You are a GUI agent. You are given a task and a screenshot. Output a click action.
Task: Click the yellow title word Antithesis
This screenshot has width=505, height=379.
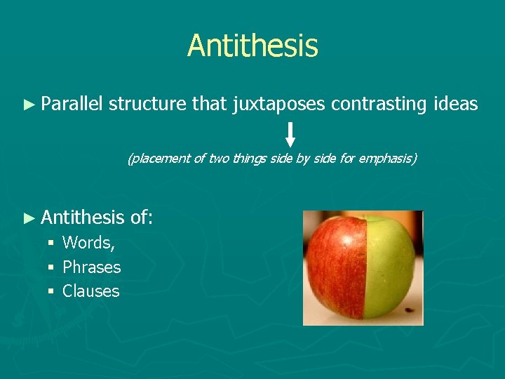pyautogui.click(x=252, y=46)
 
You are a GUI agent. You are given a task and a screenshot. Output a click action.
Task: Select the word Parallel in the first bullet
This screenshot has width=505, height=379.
pyautogui.click(x=72, y=105)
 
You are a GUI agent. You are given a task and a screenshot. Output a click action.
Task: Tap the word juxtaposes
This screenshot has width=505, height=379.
pyautogui.click(x=278, y=105)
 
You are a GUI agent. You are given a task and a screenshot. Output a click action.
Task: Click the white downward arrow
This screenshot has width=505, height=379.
pyautogui.click(x=290, y=135)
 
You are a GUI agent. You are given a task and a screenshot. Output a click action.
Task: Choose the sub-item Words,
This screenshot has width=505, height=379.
pyautogui.click(x=89, y=243)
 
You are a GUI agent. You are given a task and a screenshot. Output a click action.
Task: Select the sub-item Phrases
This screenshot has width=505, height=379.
pyautogui.click(x=91, y=267)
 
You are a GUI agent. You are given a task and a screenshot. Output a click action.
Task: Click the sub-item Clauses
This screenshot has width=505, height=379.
pyautogui.click(x=90, y=291)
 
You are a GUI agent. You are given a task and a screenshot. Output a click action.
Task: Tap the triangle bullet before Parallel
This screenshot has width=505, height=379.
pyautogui.click(x=29, y=105)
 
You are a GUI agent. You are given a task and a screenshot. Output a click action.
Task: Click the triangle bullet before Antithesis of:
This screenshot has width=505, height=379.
pyautogui.click(x=29, y=218)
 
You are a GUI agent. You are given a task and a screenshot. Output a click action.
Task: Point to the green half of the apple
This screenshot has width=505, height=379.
pyautogui.click(x=389, y=267)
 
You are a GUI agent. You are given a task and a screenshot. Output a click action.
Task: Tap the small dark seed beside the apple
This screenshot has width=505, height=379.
pyautogui.click(x=411, y=310)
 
